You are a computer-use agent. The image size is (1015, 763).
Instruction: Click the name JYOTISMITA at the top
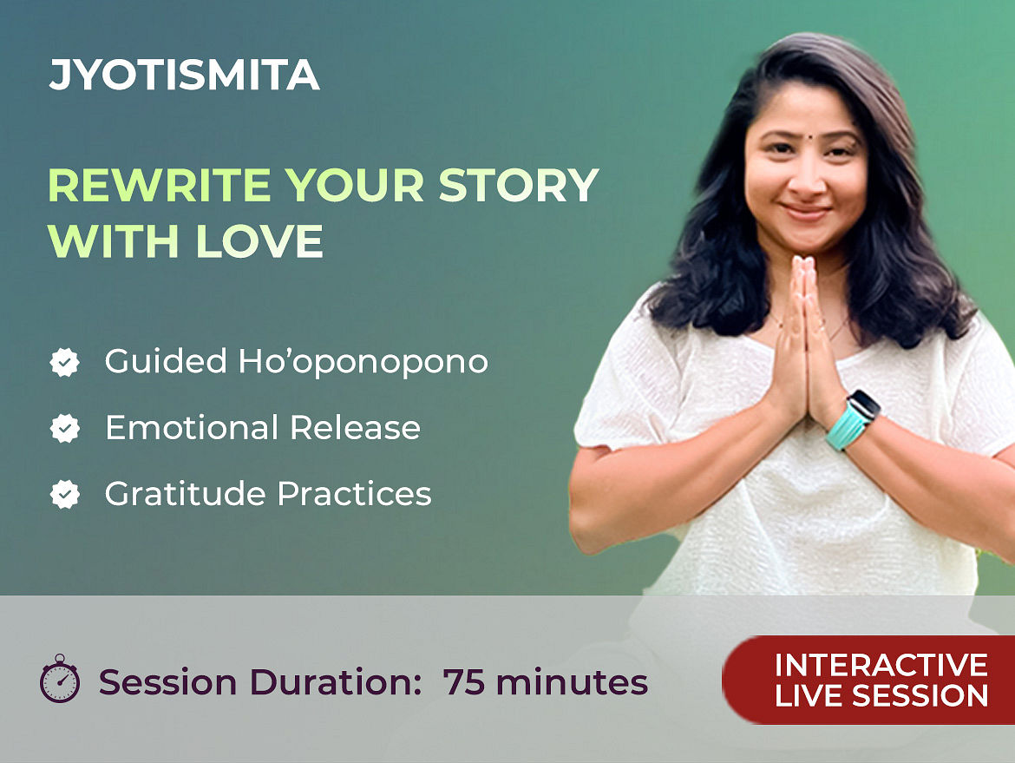185,75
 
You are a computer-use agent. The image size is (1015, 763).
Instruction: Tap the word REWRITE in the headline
160,185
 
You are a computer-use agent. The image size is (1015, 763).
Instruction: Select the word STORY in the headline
519,185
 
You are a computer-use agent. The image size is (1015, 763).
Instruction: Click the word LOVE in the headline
259,241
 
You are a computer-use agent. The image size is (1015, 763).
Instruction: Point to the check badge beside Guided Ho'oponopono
65,362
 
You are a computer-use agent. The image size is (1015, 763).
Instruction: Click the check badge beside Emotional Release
65,428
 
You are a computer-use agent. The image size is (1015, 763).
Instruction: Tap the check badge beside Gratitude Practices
65,494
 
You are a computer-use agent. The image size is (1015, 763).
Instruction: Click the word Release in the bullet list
356,427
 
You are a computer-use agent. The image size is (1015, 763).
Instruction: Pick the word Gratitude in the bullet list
186,494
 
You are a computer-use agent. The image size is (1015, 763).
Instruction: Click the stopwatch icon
60,679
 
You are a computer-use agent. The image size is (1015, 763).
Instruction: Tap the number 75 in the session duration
464,682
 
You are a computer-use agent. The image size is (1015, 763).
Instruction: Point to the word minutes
572,682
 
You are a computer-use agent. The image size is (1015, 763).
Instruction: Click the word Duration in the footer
336,682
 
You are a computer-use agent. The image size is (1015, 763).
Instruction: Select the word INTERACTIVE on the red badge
881,665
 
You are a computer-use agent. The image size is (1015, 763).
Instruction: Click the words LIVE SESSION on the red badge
881,695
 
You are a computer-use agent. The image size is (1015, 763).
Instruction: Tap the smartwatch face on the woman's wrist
864,405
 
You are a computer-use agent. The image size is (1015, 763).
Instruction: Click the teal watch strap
846,427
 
